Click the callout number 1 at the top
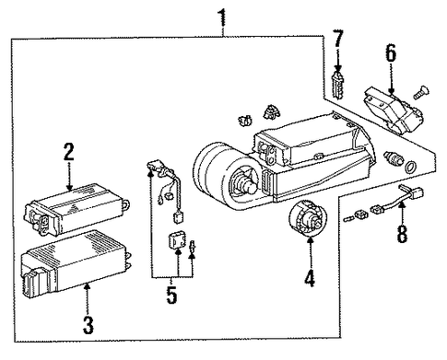(222, 18)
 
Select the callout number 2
(69, 152)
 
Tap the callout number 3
(88, 325)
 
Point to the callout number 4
(310, 278)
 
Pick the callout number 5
(171, 295)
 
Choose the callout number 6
(391, 53)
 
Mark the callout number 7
(337, 39)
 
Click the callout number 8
(402, 234)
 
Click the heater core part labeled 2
(76, 210)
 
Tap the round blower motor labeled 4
(308, 218)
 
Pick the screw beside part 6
(421, 92)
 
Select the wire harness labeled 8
(398, 200)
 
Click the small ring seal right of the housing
(410, 167)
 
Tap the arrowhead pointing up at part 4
(311, 240)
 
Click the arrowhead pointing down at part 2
(69, 187)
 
